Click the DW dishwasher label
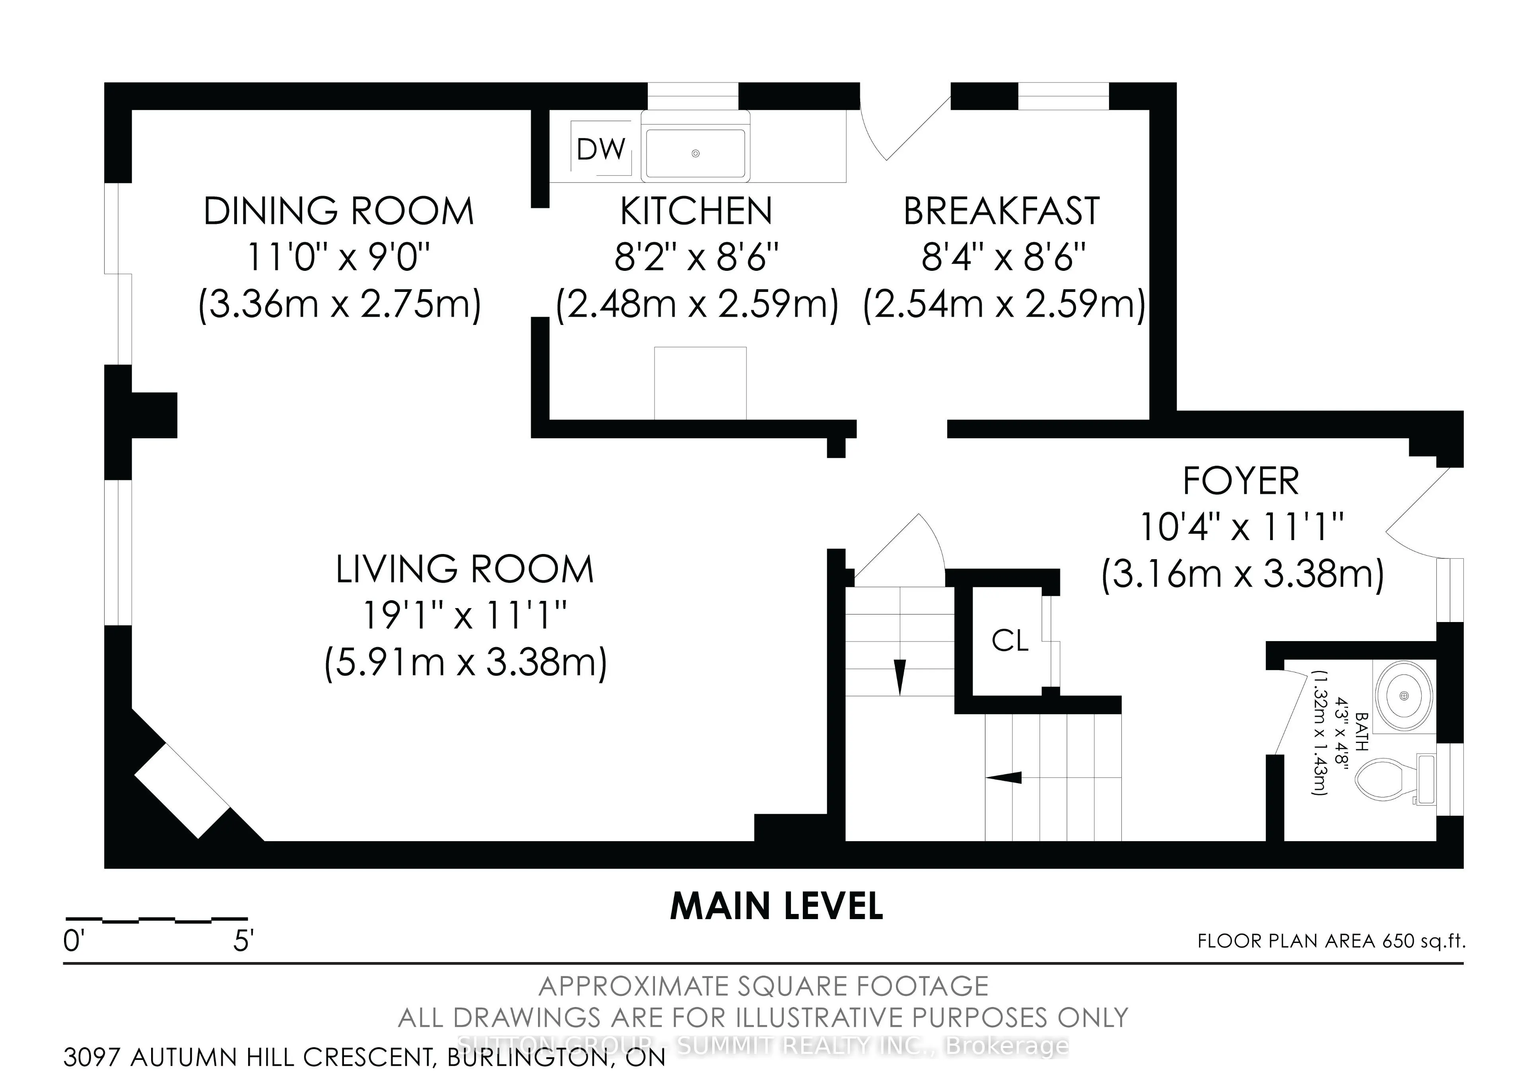(x=601, y=150)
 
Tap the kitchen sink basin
(x=695, y=154)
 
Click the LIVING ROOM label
(x=464, y=570)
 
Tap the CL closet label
(x=1010, y=641)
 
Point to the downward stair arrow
(x=900, y=677)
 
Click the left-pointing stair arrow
(x=1004, y=777)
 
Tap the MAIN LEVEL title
(x=776, y=906)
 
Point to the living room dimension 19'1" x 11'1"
(x=464, y=616)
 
